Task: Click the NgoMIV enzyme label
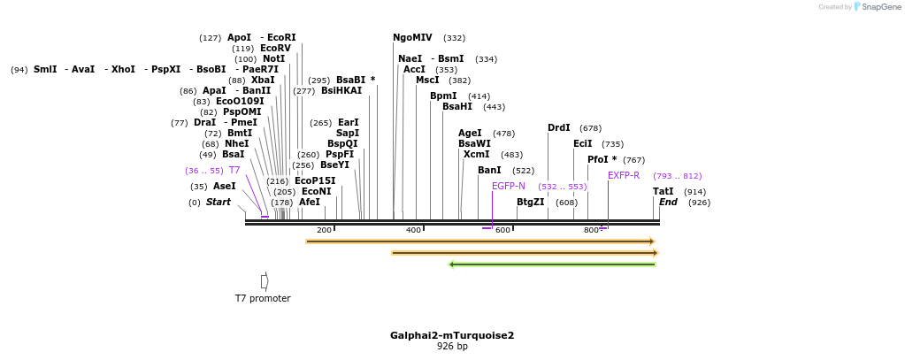point(412,38)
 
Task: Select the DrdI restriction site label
point(558,128)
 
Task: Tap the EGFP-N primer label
point(508,186)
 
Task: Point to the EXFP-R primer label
point(623,175)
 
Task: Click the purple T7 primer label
point(234,170)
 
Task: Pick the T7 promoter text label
point(263,298)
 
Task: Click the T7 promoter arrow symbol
point(265,281)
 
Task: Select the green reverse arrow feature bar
point(552,264)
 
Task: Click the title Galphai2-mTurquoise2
point(452,335)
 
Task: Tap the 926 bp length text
point(452,347)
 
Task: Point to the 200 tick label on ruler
point(324,230)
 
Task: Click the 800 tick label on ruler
point(591,230)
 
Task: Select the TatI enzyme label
point(663,191)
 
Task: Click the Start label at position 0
point(218,202)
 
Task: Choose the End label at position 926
point(668,202)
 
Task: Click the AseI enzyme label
point(224,187)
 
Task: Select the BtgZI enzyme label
point(530,202)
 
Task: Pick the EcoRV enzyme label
point(275,49)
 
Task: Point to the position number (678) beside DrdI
point(590,128)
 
